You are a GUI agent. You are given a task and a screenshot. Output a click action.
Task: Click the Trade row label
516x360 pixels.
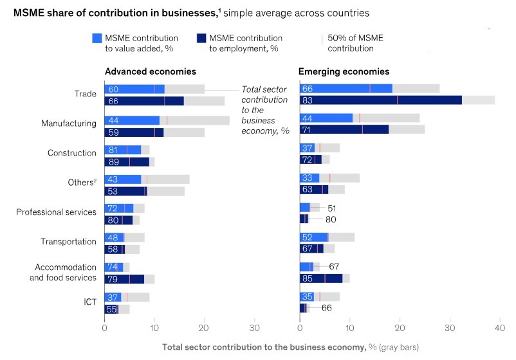(x=86, y=94)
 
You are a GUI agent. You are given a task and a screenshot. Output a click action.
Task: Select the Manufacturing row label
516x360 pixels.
(x=69, y=123)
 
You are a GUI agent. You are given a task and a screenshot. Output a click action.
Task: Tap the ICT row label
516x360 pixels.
(x=90, y=301)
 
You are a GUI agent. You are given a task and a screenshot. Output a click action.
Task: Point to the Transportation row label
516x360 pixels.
(x=66, y=242)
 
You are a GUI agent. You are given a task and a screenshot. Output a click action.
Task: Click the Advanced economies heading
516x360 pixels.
(x=150, y=71)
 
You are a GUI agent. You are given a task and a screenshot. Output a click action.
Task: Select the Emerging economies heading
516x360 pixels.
(x=344, y=71)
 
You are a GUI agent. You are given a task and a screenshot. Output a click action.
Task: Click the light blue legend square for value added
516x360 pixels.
(x=97, y=39)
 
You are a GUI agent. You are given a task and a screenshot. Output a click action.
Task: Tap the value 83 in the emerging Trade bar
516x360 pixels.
(x=308, y=100)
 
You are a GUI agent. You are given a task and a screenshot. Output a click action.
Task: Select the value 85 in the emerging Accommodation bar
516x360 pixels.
(x=308, y=278)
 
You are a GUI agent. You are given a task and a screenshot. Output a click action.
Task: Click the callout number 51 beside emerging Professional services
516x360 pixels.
(x=331, y=208)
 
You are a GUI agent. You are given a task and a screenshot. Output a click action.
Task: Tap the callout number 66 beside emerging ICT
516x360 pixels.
(x=326, y=308)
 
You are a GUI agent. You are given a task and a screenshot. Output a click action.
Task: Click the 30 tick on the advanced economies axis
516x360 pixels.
(x=255, y=327)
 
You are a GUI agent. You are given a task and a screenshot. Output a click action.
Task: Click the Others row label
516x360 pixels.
(x=80, y=183)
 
